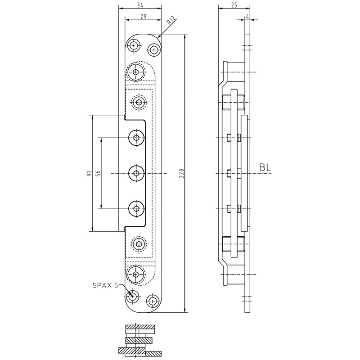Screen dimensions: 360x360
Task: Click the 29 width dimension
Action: [x=143, y=16]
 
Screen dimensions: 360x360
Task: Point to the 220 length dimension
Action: [x=181, y=174]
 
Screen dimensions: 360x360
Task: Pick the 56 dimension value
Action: [x=97, y=174]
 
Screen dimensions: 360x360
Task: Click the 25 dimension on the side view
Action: [x=233, y=5]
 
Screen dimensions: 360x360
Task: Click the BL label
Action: [x=265, y=168]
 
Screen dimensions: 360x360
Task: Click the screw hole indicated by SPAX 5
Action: [x=133, y=297]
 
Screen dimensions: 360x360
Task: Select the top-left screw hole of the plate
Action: [x=133, y=45]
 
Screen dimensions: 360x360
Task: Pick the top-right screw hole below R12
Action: [x=154, y=49]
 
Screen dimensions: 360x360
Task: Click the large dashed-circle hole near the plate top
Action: [x=136, y=72]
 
